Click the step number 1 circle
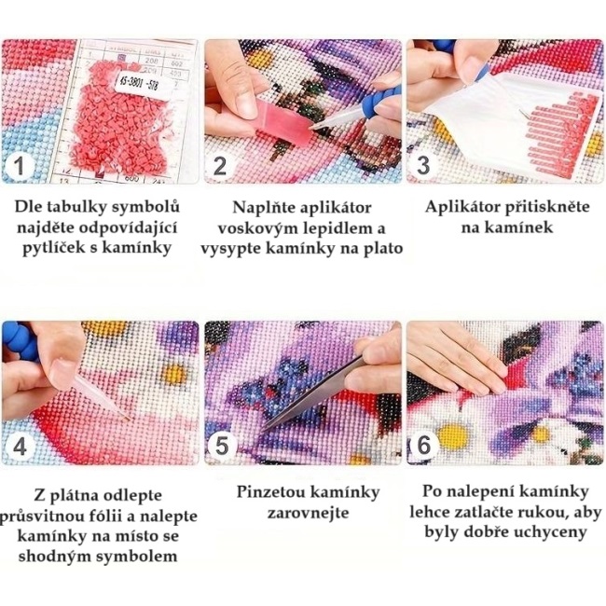point(20,166)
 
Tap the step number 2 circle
point(220,166)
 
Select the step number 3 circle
point(423,166)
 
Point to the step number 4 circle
point(20,447)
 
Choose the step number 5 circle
point(222,446)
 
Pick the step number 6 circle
point(424,445)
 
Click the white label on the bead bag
point(143,85)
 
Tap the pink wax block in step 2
point(282,121)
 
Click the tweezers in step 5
point(314,394)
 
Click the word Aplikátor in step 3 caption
point(461,207)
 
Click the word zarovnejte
point(308,514)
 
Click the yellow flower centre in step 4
point(173,373)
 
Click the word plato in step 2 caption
point(383,249)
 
